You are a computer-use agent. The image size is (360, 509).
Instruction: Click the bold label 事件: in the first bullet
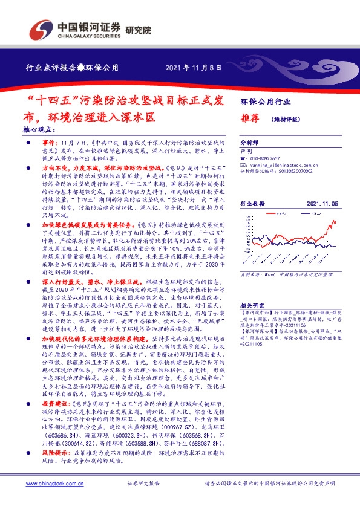[51, 139]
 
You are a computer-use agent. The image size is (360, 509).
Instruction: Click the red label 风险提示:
[57, 451]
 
